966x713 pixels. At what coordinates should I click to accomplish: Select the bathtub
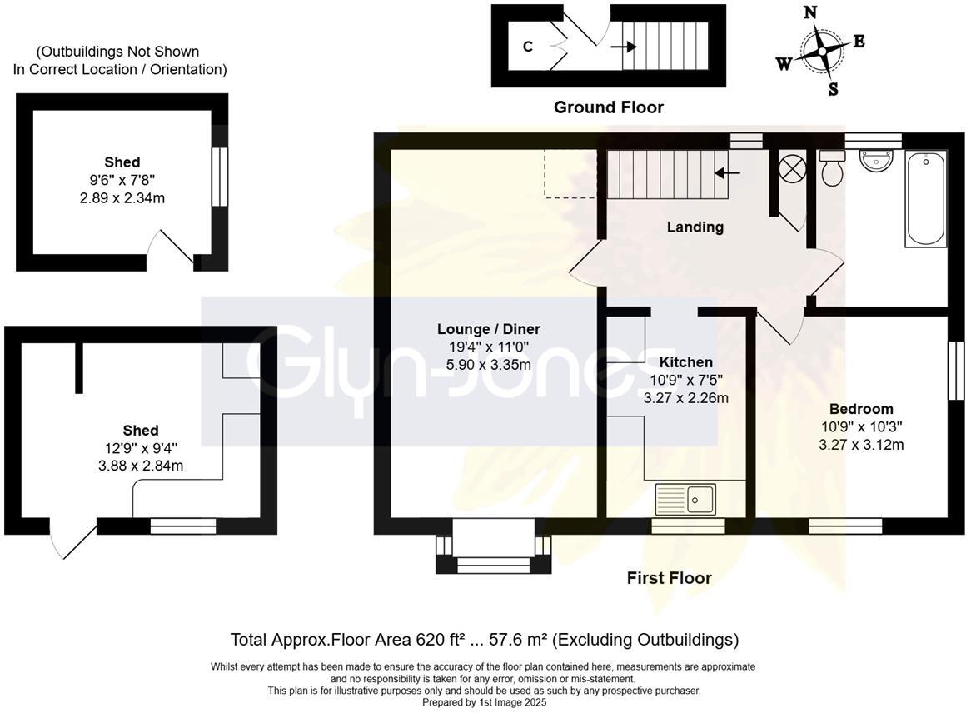(926, 198)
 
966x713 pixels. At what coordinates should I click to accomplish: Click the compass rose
(822, 50)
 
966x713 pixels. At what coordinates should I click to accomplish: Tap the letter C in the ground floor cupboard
(527, 47)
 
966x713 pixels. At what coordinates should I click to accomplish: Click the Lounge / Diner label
(489, 329)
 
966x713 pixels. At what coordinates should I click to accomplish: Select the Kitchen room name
(685, 362)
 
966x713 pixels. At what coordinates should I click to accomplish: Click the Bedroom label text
(861, 409)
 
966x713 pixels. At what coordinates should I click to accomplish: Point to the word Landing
(695, 227)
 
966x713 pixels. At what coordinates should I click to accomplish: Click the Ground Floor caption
(609, 107)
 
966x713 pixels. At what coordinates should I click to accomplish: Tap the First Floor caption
(669, 578)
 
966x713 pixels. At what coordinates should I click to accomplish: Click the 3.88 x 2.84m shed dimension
(141, 466)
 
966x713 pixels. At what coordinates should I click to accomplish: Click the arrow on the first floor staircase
(727, 173)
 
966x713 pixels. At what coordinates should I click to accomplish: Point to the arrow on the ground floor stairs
(620, 47)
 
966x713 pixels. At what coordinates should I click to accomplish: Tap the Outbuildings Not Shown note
(119, 61)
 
